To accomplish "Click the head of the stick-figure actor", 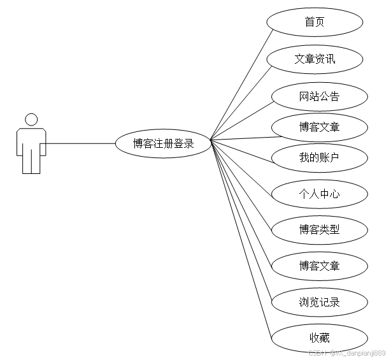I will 31,119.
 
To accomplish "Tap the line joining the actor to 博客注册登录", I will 80,143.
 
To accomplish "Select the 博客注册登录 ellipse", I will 163,143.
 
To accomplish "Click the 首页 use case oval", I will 315,22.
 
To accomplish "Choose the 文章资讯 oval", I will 315,59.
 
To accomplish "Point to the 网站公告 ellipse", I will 319,97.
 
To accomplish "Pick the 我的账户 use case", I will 319,157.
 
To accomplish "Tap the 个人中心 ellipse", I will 319,194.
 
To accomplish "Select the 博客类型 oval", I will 319,229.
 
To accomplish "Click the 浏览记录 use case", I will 319,301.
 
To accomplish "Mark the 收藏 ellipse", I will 319,337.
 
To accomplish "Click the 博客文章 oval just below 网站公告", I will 319,127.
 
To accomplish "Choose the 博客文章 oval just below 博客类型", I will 319,265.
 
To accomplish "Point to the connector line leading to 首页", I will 239,84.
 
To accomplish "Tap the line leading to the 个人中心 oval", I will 242,166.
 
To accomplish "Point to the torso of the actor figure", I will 31,139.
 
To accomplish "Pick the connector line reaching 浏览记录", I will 242,220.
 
